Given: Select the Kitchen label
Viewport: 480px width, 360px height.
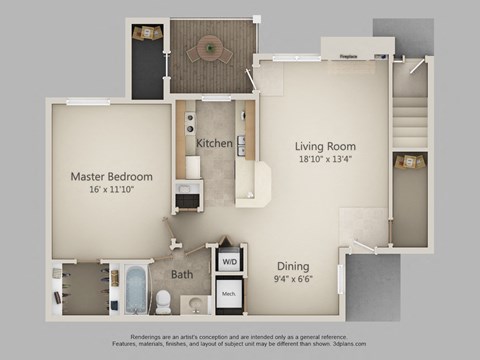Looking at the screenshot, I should pos(214,143).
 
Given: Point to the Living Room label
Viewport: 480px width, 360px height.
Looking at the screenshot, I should pos(323,143).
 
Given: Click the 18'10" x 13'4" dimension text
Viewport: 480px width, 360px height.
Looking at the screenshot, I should pos(323,157).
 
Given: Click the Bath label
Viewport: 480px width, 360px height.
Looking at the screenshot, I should pos(182,274).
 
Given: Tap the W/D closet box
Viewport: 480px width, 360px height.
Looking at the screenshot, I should pos(229,262).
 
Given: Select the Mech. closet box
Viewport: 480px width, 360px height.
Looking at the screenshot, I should pos(229,296).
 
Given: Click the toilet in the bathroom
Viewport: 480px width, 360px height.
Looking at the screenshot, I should pos(163,298).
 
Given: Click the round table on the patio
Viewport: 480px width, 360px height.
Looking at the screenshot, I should pos(211,45).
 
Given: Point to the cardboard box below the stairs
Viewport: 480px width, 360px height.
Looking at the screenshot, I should pos(408,162).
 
